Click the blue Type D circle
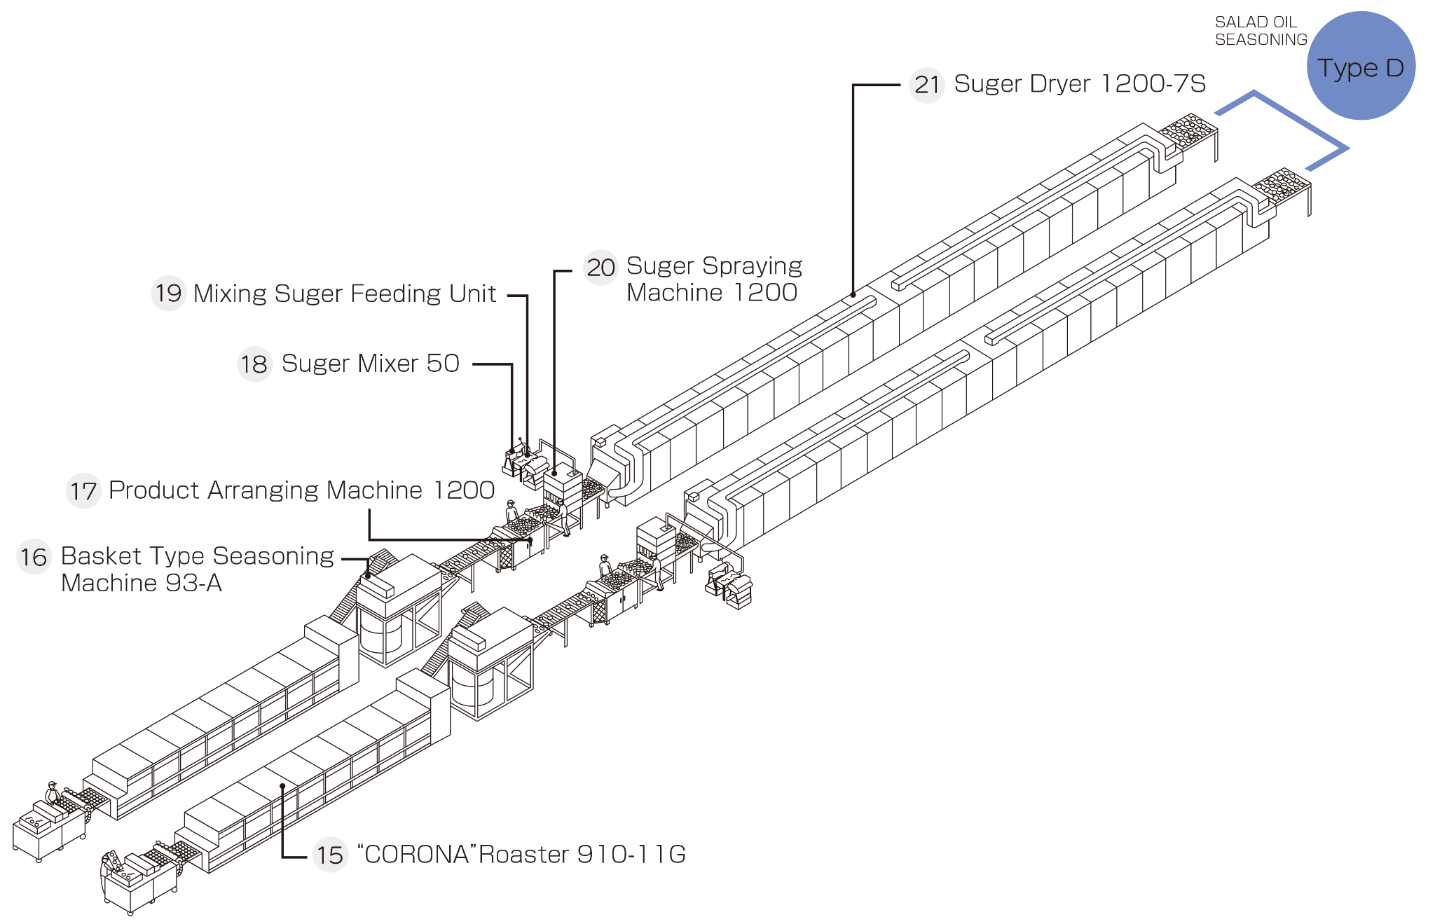[x=1361, y=66]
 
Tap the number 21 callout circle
[x=926, y=85]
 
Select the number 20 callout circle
[x=600, y=268]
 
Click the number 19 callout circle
[x=168, y=294]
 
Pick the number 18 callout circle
[x=254, y=364]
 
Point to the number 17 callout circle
[x=83, y=491]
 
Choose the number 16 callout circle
[x=34, y=557]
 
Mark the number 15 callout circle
[x=329, y=855]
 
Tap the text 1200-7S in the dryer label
[x=1153, y=84]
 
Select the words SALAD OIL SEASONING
[x=1261, y=32]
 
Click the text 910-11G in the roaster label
[x=631, y=855]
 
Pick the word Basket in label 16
[x=101, y=556]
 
